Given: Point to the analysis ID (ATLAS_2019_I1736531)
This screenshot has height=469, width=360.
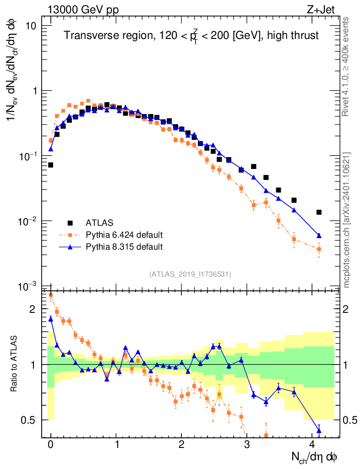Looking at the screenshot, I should [x=190, y=274].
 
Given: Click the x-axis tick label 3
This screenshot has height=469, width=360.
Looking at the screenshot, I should [x=247, y=444].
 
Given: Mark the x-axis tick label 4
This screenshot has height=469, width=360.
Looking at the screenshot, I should [x=312, y=444].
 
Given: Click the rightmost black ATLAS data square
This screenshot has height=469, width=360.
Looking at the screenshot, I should [x=319, y=212].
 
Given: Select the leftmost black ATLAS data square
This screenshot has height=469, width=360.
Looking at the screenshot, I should [x=50, y=165].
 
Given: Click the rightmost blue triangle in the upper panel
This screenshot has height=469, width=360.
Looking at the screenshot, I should [x=319, y=235].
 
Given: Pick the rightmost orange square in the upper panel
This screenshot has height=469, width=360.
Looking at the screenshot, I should [x=319, y=249].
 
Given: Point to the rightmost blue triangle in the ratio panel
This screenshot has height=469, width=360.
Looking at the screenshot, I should [x=319, y=430].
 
